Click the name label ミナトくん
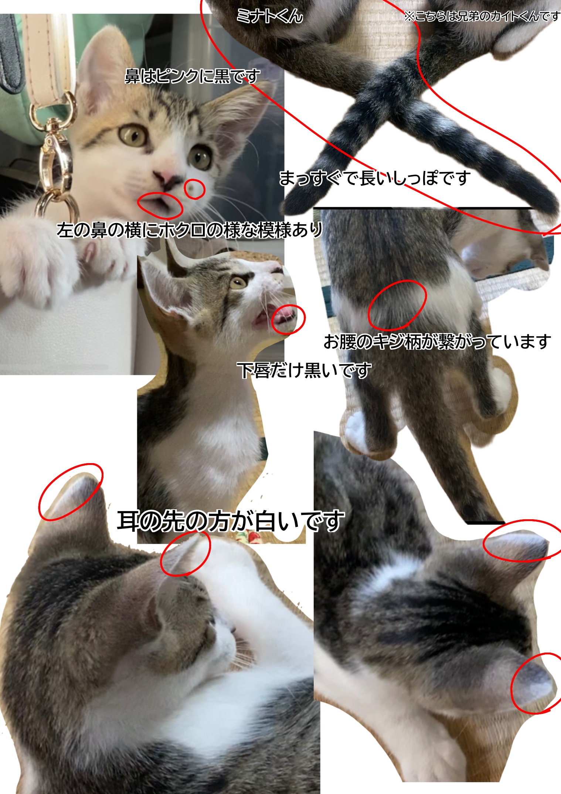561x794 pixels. coord(270,16)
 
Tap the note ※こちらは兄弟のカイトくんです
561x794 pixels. coord(482,16)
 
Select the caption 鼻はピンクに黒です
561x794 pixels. coord(193,76)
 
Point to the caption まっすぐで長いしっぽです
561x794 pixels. coord(375,178)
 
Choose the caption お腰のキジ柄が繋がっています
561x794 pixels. coord(438,342)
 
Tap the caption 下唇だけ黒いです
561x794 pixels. coord(304,370)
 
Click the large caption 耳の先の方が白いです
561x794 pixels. coord(231,521)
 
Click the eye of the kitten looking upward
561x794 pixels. coord(238,283)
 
